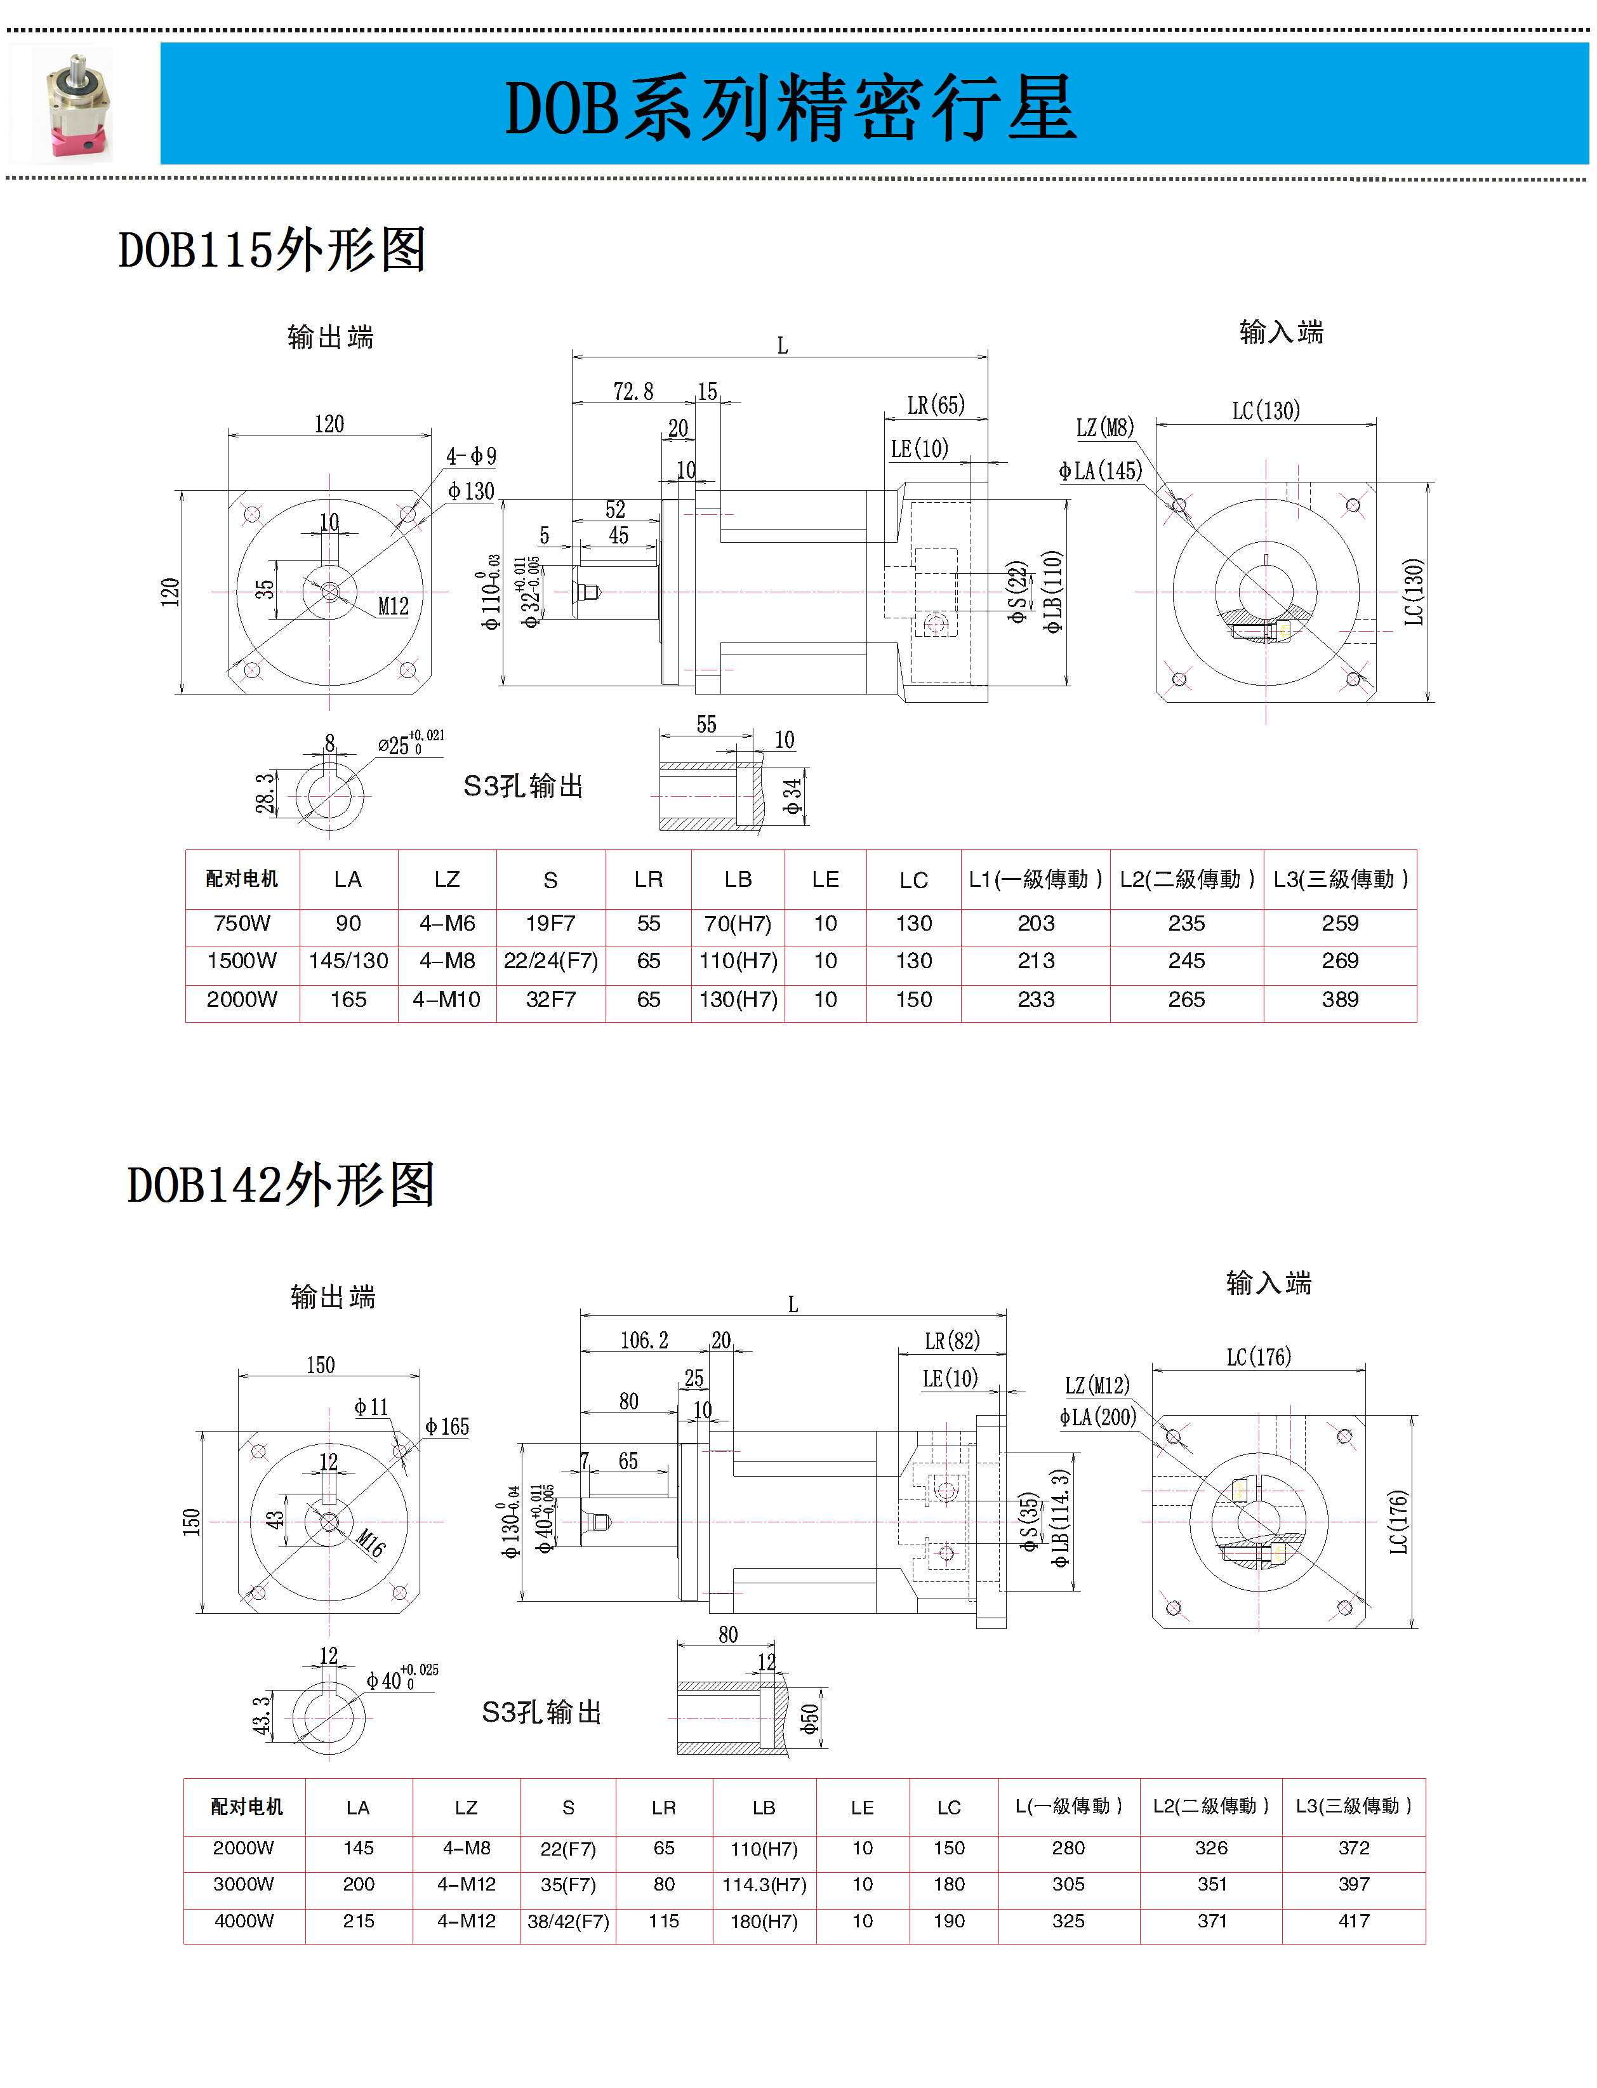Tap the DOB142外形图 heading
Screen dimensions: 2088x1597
click(281, 1185)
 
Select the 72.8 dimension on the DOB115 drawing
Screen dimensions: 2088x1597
click(633, 392)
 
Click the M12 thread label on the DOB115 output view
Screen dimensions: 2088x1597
click(393, 606)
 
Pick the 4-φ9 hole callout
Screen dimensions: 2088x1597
click(472, 456)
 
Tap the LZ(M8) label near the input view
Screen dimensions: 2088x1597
click(1104, 428)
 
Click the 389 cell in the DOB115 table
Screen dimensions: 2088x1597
click(1339, 999)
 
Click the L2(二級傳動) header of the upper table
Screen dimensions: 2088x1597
click(1186, 879)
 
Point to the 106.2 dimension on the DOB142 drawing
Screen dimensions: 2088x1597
click(644, 1341)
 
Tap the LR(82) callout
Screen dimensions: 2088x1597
click(951, 1341)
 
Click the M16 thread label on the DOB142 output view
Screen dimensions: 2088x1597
click(371, 1542)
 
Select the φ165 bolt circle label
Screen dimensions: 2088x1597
click(447, 1426)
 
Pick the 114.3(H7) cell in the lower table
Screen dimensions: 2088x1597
click(764, 1884)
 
